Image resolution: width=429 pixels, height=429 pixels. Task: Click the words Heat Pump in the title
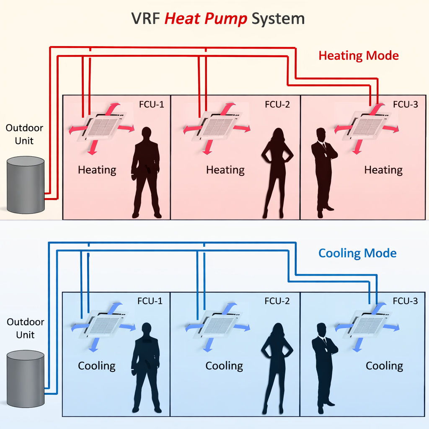coord(205,19)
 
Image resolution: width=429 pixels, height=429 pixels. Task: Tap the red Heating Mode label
coord(359,55)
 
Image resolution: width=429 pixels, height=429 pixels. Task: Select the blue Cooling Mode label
coord(357,253)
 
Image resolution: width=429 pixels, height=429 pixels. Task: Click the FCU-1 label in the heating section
coord(152,104)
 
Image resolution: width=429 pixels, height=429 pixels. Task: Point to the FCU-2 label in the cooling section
coord(277,301)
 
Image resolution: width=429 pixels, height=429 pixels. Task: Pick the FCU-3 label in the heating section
coord(406,104)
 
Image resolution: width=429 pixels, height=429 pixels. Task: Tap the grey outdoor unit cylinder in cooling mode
coord(26,379)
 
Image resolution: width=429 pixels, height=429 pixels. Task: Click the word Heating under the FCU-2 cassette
coord(225,170)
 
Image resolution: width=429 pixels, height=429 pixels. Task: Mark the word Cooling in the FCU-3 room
coord(384,366)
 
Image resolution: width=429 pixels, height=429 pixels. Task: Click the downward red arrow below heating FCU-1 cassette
coord(93,147)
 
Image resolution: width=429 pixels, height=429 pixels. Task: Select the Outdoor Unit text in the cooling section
coord(25,328)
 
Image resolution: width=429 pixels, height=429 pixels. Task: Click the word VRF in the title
coord(146,19)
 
